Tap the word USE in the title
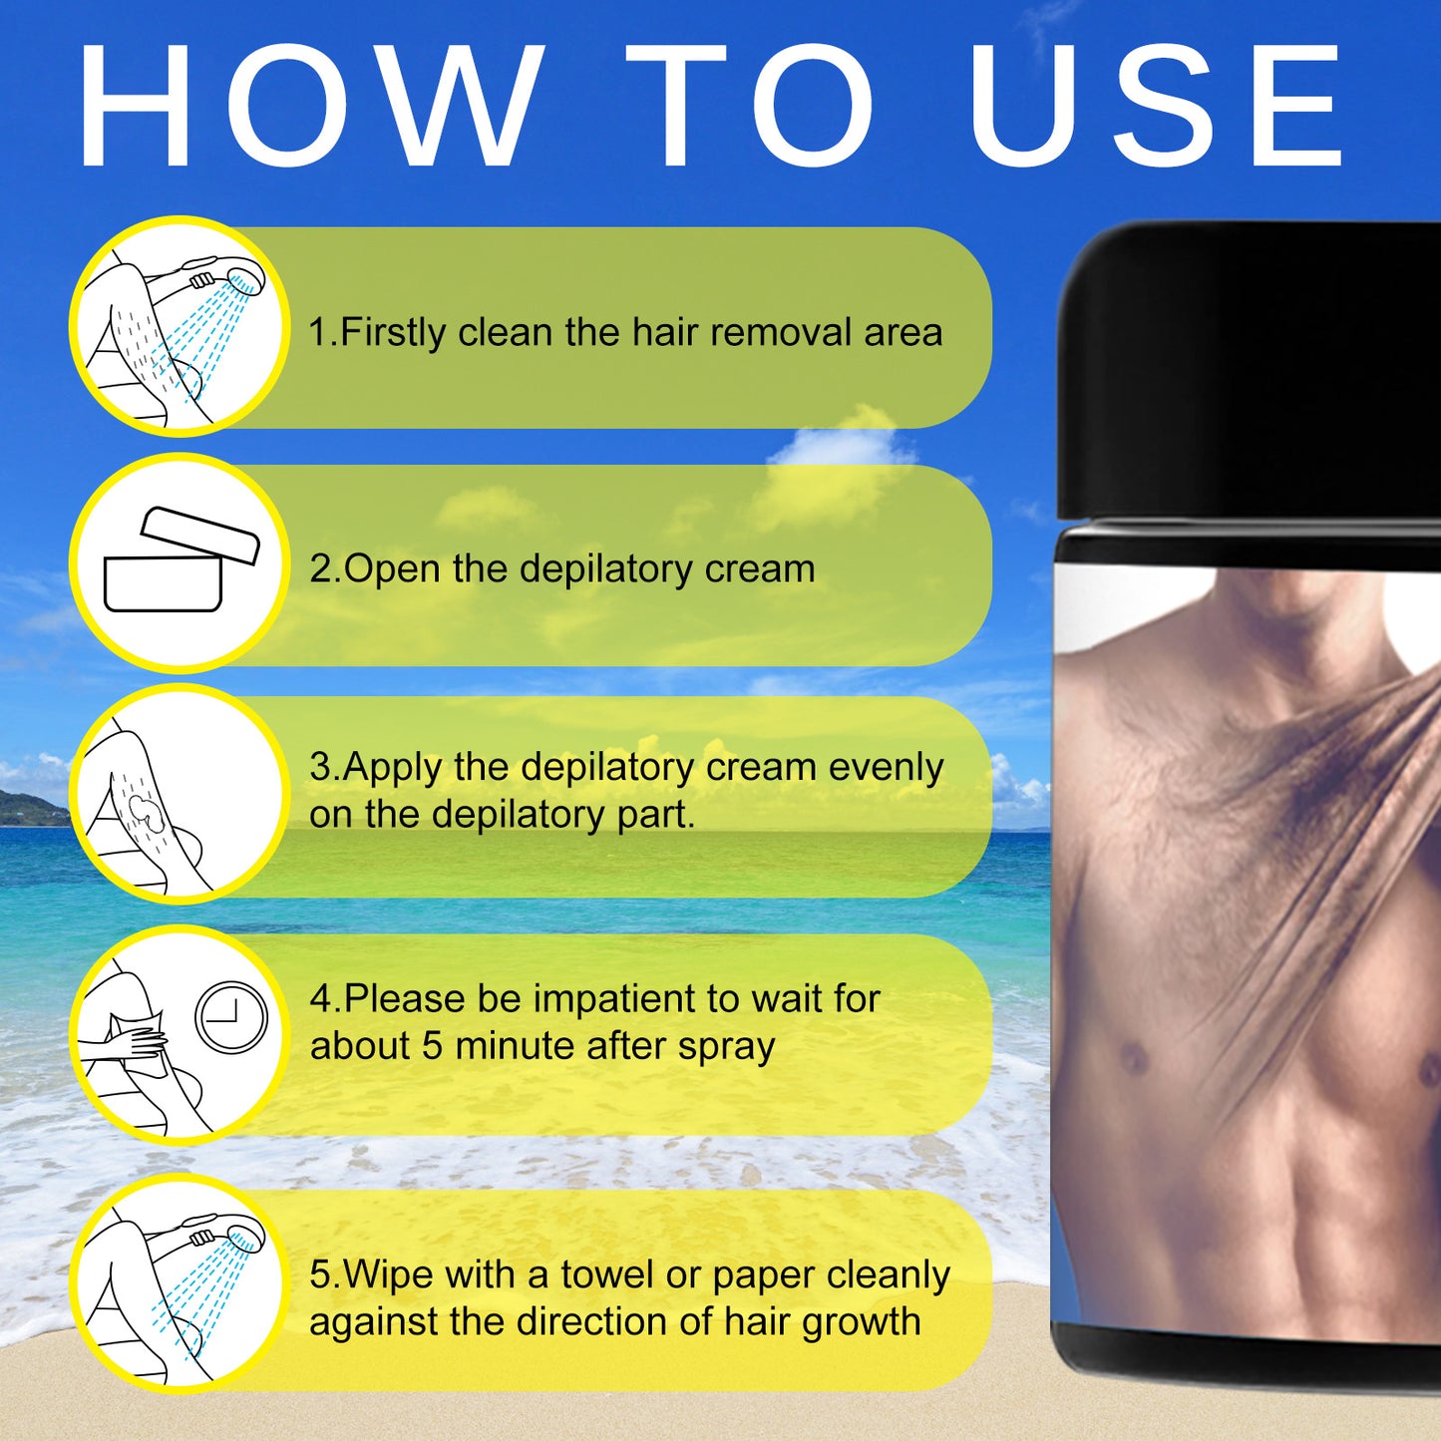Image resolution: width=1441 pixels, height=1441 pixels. tap(1156, 105)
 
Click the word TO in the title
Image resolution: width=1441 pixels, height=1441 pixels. tap(749, 105)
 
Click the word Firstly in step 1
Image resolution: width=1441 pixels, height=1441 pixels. tap(392, 333)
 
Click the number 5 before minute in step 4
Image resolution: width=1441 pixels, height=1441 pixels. tap(432, 1046)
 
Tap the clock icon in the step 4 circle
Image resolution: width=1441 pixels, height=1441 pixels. tap(231, 1018)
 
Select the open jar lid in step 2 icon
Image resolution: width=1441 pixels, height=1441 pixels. tap(200, 535)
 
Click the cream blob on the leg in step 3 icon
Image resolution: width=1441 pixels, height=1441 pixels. tap(141, 811)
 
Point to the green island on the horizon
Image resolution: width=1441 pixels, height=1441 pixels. tap(31, 808)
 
